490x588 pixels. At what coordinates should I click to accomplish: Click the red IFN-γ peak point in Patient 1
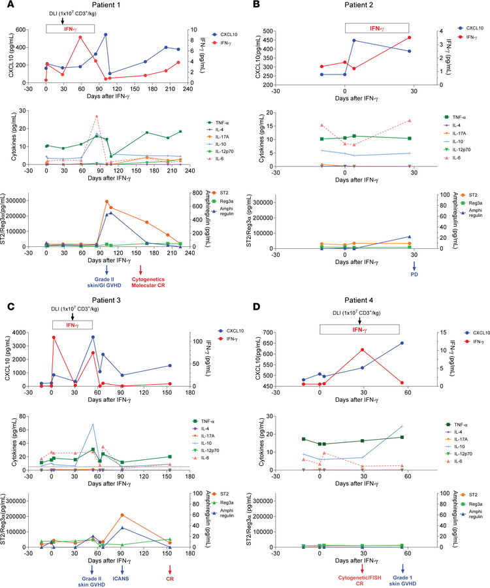80,37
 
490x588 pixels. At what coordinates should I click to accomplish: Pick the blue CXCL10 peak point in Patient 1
105,34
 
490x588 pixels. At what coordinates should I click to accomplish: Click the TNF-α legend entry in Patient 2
454,118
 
